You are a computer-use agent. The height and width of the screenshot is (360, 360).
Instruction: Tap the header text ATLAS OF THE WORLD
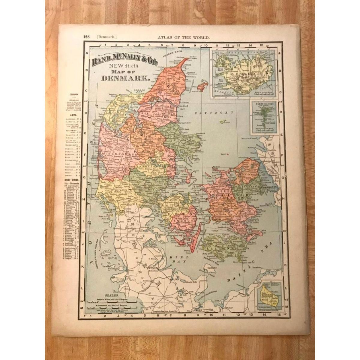(x=183, y=37)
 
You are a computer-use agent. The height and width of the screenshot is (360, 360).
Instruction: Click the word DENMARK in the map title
(x=126, y=79)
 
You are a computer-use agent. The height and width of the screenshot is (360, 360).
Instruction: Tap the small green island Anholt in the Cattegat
(x=223, y=122)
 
